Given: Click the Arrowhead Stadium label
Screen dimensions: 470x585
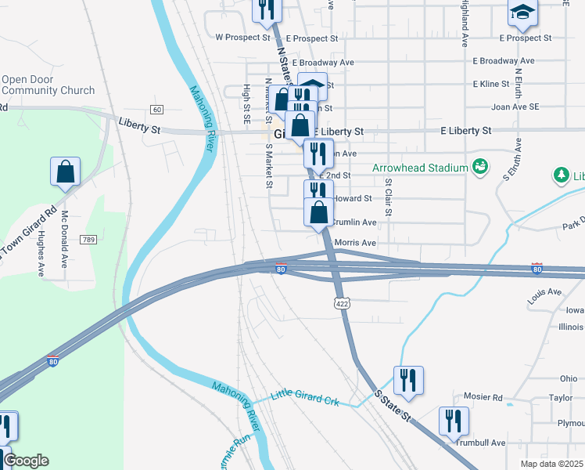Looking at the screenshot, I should [x=418, y=168].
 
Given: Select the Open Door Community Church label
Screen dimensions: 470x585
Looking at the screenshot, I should [x=48, y=85].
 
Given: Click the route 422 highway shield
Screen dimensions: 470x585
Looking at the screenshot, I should [x=341, y=302].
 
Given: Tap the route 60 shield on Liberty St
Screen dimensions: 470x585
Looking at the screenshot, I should [x=157, y=109].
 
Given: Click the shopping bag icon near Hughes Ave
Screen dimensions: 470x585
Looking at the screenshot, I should [x=66, y=171].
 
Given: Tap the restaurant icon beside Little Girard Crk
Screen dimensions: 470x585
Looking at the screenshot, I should [x=408, y=380].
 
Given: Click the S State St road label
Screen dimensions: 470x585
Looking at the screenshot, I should [x=393, y=404].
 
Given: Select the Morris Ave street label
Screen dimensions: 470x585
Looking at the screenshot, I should [x=355, y=243].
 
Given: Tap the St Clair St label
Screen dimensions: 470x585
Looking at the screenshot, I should [x=387, y=197].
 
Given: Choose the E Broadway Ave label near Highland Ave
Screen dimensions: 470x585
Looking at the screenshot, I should [x=504, y=60].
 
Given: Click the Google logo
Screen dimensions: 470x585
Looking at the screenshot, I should [x=26, y=461].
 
